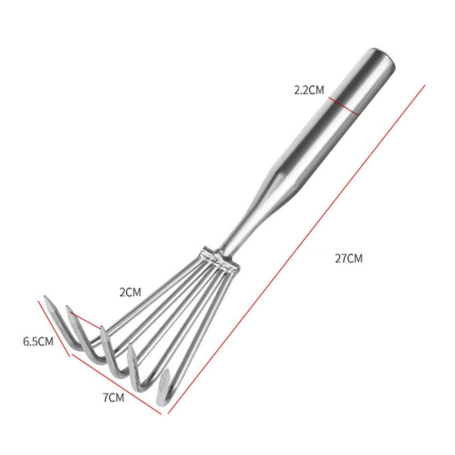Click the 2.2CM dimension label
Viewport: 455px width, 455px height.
tap(309, 90)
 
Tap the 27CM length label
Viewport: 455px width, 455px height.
tap(349, 258)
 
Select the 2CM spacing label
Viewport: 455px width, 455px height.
tap(130, 292)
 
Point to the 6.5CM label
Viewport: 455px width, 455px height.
tap(38, 342)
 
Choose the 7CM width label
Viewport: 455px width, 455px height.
tap(113, 397)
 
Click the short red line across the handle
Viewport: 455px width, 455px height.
tap(344, 107)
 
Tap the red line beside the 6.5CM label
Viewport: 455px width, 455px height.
tap(54, 329)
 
